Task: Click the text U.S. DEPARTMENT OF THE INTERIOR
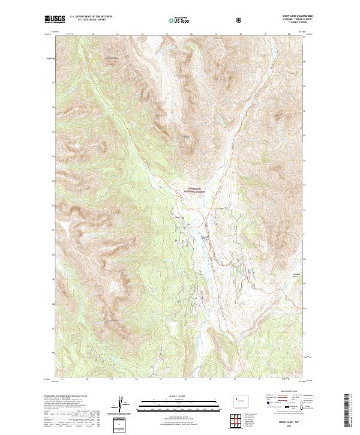click(90, 17)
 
